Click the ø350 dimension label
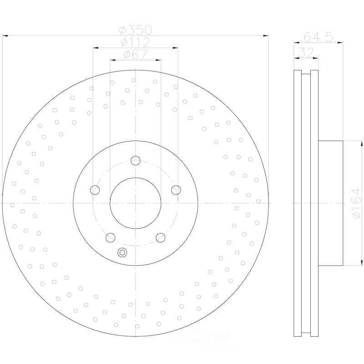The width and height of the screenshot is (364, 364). [135, 30]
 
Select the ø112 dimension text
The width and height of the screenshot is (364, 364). [136, 42]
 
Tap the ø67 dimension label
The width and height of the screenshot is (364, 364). [136, 55]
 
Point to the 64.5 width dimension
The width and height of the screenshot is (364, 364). [318, 37]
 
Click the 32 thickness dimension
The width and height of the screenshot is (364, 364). [306, 53]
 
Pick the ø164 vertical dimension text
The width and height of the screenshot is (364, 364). [356, 203]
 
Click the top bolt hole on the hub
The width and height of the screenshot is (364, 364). [136, 161]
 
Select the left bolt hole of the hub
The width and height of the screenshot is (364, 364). [95, 190]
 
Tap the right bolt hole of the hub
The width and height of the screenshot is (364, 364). [176, 190]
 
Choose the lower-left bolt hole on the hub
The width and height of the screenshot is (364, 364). [111, 238]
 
